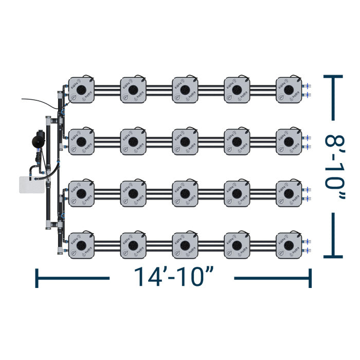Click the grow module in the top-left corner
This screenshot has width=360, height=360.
(81, 90)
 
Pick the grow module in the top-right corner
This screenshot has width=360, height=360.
(289, 90)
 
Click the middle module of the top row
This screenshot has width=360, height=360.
(185, 90)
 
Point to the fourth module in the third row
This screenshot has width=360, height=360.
(237, 193)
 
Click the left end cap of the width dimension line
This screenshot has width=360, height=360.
(37, 278)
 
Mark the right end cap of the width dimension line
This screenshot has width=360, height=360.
(310, 278)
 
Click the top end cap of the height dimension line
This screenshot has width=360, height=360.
(333, 76)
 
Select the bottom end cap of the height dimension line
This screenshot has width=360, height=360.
(333, 256)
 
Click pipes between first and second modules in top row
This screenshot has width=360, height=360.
(107, 90)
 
